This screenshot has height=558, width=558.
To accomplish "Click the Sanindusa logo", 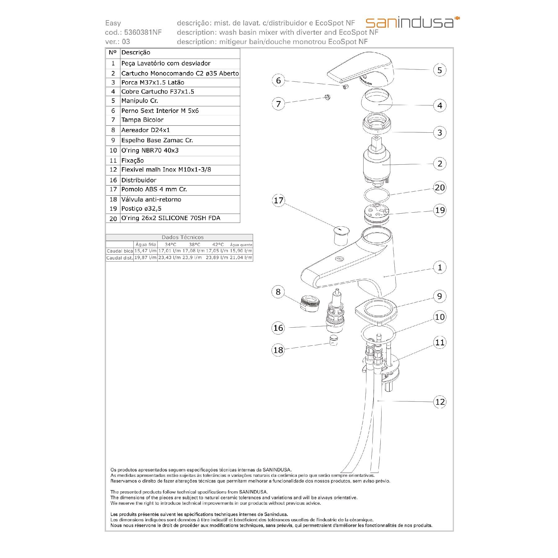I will click(412, 22).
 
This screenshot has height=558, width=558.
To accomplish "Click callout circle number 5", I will click(440, 70).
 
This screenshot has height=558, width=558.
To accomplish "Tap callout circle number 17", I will click(278, 200).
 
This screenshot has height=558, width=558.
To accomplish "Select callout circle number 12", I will click(440, 402).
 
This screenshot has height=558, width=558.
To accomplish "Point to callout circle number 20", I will click(440, 188).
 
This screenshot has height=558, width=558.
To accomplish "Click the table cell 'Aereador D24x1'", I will click(145, 130).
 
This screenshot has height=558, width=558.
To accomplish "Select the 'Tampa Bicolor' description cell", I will click(142, 120).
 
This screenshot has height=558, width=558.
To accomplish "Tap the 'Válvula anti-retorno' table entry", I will click(151, 199).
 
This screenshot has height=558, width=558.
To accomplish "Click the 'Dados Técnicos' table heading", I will click(183, 237).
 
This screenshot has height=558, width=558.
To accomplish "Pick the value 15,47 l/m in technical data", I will click(145, 251).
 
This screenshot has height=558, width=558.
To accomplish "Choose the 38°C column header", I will click(194, 245).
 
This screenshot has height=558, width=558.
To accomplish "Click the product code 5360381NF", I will click(143, 32).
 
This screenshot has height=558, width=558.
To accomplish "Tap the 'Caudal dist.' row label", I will click(119, 258).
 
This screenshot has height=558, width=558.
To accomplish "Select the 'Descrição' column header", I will click(136, 53).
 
